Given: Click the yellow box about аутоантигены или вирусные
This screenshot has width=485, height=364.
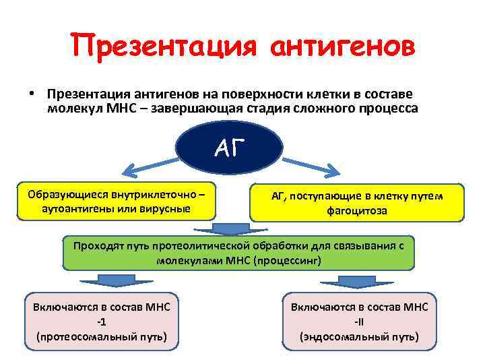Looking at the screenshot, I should coord(117,202).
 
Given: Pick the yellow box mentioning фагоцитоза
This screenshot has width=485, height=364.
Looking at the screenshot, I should coord(357,203).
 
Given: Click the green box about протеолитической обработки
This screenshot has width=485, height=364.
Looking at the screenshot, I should coord(238,253).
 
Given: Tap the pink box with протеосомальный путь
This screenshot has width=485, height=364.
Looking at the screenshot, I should coord(102,322).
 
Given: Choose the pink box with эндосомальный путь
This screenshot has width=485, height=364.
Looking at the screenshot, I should coord(359,322).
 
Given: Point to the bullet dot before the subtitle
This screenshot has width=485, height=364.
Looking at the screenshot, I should coord(32,94).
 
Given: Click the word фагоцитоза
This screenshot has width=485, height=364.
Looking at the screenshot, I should coord(357,210).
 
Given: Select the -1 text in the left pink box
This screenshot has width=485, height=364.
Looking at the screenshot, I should coord(102,322).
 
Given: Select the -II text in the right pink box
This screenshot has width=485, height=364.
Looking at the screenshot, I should coord(359,322).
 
